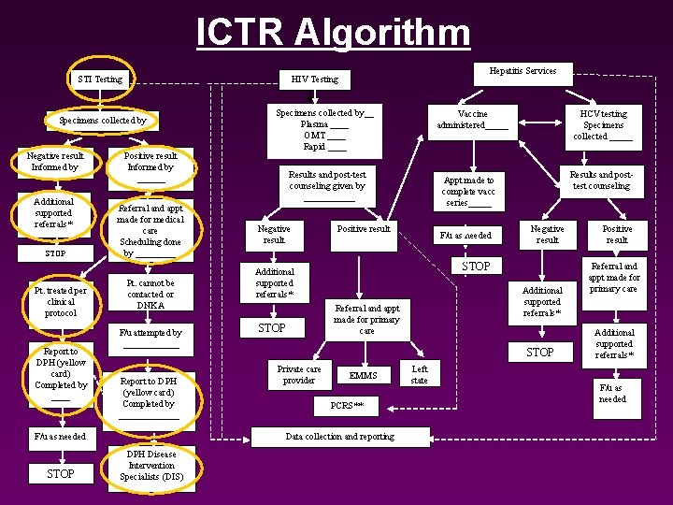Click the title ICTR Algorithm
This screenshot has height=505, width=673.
point(334,32)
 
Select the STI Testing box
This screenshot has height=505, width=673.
point(100,79)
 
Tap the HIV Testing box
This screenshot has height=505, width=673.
point(314,79)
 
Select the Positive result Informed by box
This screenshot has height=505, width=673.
point(150,162)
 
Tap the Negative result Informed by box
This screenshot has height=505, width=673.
point(55,162)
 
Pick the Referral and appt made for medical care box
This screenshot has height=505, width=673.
point(150,230)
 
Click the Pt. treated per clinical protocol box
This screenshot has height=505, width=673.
point(61,301)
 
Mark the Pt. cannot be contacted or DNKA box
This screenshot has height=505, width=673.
point(150,294)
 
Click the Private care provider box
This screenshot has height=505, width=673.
point(299,374)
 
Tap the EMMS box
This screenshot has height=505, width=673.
point(363,375)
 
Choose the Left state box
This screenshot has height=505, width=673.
point(420,374)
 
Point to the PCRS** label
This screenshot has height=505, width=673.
point(347,406)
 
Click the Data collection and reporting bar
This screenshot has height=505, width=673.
point(339,437)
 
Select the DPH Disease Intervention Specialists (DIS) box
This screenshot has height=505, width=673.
point(150,465)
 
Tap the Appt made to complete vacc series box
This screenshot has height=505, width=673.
point(468,191)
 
